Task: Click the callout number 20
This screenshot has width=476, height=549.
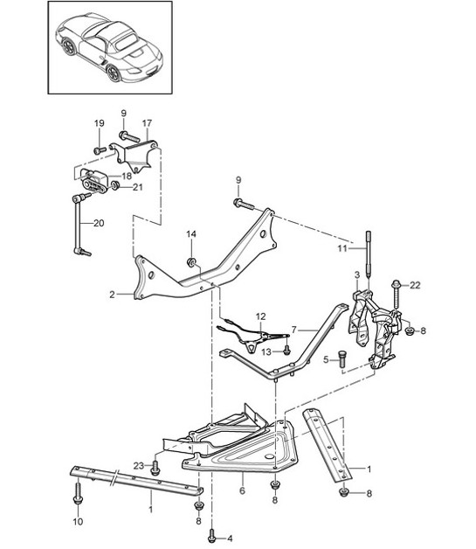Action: pyautogui.click(x=99, y=223)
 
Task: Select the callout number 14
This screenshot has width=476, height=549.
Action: pyautogui.click(x=191, y=234)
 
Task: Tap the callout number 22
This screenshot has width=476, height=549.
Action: pyautogui.click(x=415, y=285)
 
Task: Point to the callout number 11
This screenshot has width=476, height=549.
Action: pyautogui.click(x=342, y=248)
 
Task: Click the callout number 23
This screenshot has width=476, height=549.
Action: pyautogui.click(x=139, y=466)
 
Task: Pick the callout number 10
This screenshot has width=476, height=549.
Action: pyautogui.click(x=78, y=522)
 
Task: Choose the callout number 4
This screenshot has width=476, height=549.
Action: pyautogui.click(x=230, y=539)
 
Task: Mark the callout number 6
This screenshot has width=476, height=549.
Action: pyautogui.click(x=243, y=491)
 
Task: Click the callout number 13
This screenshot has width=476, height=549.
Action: pyautogui.click(x=266, y=351)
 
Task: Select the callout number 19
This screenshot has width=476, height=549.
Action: pyautogui.click(x=99, y=123)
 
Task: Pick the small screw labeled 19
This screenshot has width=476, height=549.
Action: pyautogui.click(x=100, y=150)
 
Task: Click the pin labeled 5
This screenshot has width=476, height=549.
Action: pyautogui.click(x=342, y=359)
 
